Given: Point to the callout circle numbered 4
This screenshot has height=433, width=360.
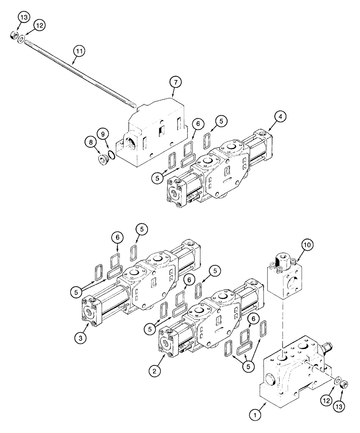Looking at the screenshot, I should pos(280,116).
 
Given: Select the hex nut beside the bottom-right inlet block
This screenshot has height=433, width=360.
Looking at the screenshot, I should pos(345,384).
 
